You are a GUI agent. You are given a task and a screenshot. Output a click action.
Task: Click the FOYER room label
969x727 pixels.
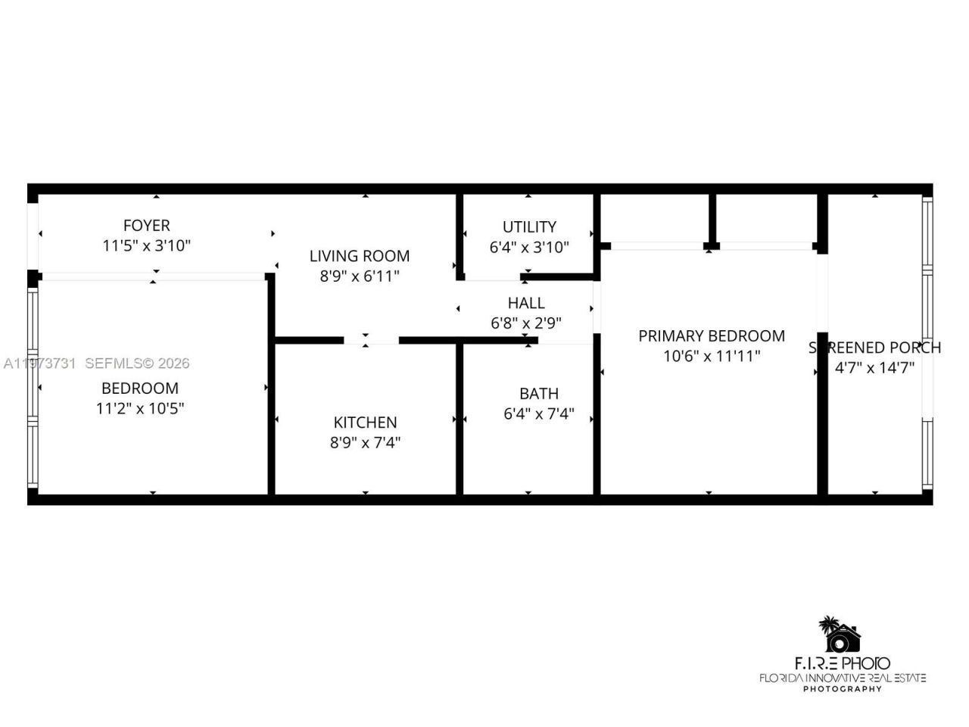(x=146, y=225)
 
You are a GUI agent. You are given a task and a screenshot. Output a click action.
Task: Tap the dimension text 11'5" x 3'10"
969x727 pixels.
(x=146, y=245)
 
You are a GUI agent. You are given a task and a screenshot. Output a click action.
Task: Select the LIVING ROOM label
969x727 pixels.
(x=359, y=256)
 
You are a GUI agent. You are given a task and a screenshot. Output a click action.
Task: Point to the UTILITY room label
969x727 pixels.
(x=529, y=226)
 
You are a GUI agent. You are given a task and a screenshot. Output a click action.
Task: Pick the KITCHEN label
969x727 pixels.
(x=365, y=423)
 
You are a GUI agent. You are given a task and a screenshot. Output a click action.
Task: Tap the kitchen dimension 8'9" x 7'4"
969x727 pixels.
(x=365, y=442)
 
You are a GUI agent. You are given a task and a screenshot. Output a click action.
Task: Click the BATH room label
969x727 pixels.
(x=539, y=394)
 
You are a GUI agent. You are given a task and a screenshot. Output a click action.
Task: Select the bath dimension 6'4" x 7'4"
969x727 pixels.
(x=539, y=413)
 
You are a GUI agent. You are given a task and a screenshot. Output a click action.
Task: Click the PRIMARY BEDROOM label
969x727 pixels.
(x=711, y=335)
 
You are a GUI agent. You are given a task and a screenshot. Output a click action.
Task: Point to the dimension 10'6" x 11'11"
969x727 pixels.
(x=711, y=356)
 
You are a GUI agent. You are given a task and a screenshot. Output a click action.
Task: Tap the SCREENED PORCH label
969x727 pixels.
(x=874, y=348)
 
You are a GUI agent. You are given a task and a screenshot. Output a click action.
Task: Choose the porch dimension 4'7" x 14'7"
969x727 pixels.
(x=874, y=368)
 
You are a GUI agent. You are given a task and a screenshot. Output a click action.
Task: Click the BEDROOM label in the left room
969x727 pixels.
(x=140, y=388)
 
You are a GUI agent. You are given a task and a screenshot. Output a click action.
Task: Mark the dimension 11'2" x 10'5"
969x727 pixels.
(x=140, y=408)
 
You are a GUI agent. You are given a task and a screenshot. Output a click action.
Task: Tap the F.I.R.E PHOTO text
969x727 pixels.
(x=843, y=664)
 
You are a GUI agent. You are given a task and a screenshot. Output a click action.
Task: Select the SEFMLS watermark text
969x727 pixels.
(x=137, y=363)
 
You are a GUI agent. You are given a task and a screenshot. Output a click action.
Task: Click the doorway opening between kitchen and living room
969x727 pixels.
(x=371, y=340)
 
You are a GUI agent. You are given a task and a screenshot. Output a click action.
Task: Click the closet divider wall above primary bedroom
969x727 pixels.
(x=712, y=219)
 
